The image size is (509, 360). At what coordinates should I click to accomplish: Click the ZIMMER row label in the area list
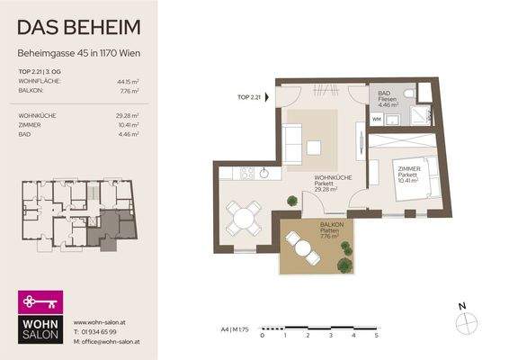[31, 125]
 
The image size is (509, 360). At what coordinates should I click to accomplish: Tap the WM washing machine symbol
[377, 119]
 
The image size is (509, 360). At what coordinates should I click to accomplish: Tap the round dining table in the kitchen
[242, 216]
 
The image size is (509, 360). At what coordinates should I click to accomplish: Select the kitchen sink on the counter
[265, 172]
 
